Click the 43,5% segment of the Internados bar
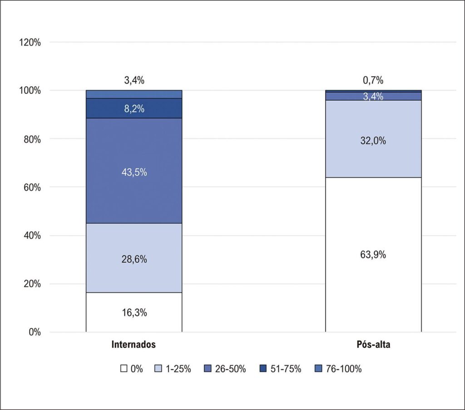click(134, 171)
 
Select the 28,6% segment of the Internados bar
click(134, 258)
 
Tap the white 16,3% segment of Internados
click(134, 312)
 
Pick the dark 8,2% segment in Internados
click(134, 108)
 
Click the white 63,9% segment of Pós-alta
click(373, 255)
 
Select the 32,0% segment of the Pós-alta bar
click(373, 139)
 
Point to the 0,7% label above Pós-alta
click(373, 80)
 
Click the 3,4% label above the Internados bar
click(134, 80)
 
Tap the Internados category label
click(134, 345)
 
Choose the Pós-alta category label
click(373, 345)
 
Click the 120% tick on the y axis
click(30, 43)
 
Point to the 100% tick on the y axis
click(30, 91)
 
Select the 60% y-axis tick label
click(32, 188)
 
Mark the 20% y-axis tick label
click(32, 284)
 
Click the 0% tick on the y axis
click(35, 332)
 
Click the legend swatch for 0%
click(124, 369)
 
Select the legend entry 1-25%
click(173, 369)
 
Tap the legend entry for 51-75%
click(280, 369)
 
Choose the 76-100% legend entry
click(338, 369)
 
